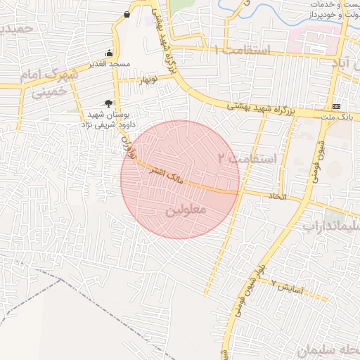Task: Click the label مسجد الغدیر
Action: [x=110, y=65]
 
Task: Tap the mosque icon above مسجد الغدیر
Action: [x=109, y=53]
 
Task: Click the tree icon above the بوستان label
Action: [x=108, y=103]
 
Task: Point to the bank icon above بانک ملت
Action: [x=336, y=106]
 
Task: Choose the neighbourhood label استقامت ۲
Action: [x=247, y=159]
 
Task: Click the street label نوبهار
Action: [x=148, y=79]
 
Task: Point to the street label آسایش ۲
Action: [x=288, y=287]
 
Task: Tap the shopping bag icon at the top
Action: [x=126, y=14]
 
